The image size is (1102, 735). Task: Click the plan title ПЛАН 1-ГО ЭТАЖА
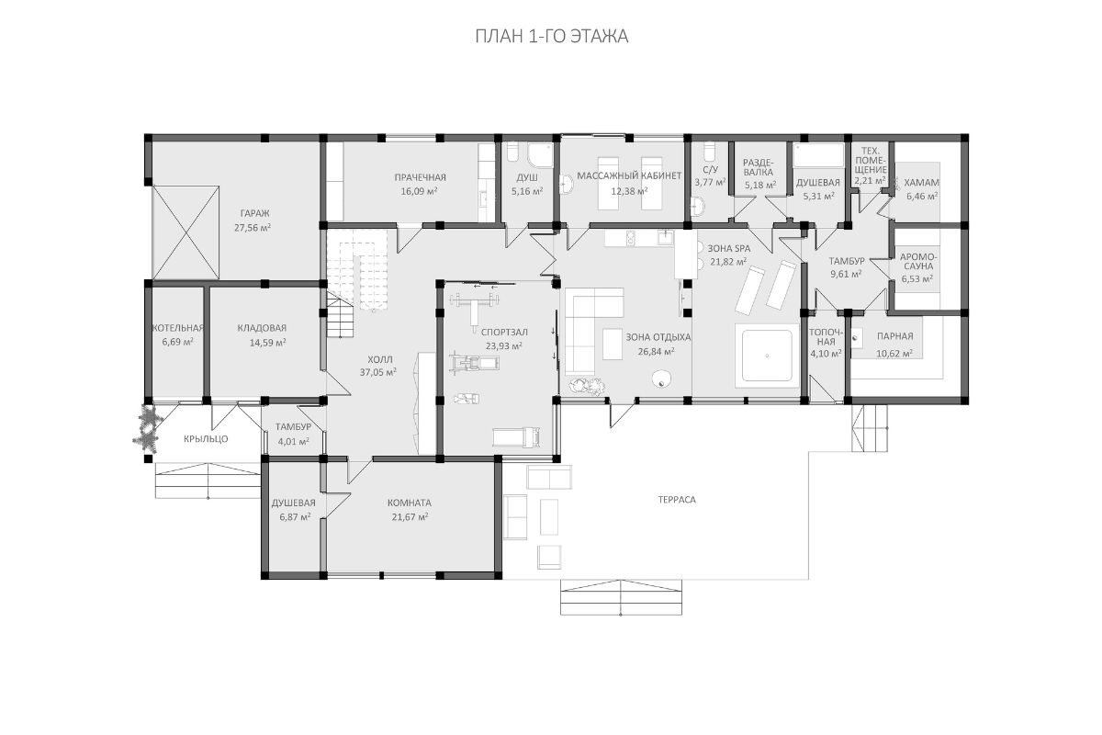[552, 37]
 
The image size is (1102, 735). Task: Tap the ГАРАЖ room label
[255, 214]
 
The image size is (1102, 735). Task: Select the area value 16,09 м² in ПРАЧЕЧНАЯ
[419, 191]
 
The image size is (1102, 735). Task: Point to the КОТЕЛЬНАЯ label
[177, 328]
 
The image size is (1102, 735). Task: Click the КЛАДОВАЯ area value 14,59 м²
[267, 343]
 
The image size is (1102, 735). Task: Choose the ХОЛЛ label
[380, 359]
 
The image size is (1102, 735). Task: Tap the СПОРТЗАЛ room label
[504, 332]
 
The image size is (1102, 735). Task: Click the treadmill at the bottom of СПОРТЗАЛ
[516, 437]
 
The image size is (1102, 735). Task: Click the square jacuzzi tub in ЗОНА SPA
[767, 356]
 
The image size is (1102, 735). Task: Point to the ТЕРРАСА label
[677, 500]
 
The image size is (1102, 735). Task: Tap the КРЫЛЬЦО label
[206, 438]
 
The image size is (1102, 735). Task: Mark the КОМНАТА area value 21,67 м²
[410, 517]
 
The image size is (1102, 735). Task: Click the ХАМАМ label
[921, 182]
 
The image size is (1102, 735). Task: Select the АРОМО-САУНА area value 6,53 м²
[917, 279]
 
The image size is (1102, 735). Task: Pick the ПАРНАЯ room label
[894, 336]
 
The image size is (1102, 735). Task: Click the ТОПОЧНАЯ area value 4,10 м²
[826, 354]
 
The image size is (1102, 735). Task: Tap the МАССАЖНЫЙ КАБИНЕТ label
[629, 175]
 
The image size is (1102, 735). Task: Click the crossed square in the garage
[186, 232]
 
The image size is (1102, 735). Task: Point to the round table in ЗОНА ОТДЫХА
[661, 379]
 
